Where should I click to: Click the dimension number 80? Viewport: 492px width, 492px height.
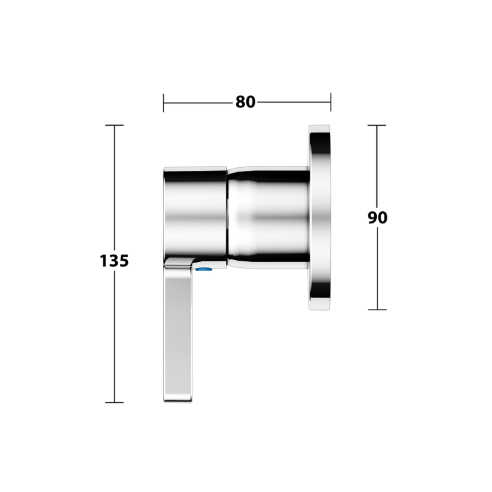point(246,102)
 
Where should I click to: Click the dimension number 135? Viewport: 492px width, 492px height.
point(114,261)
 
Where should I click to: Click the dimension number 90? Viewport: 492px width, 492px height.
point(378,217)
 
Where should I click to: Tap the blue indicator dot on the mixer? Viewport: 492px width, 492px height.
point(203,269)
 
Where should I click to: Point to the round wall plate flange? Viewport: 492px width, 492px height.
point(319,217)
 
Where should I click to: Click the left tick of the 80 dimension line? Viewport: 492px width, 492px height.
point(163,102)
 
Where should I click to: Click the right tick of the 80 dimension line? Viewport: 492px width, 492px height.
point(330,102)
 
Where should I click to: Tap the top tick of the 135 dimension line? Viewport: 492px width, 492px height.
point(114,125)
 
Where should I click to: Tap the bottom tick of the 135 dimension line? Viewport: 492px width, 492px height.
point(114,402)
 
